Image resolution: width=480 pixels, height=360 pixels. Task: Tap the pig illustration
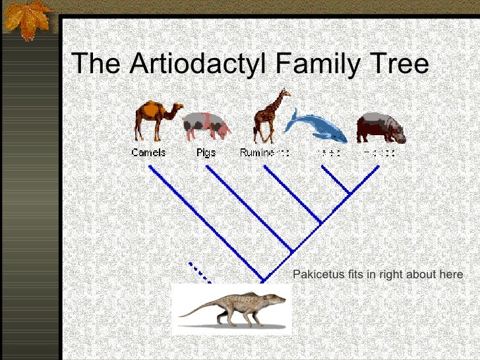206,125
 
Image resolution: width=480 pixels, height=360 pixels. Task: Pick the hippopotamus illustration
380,128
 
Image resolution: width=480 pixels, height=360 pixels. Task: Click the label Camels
148,152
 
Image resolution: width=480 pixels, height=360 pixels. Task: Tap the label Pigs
206,152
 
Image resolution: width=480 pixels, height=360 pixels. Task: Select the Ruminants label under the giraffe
264,152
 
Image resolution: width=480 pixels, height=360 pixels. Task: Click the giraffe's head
284,92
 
